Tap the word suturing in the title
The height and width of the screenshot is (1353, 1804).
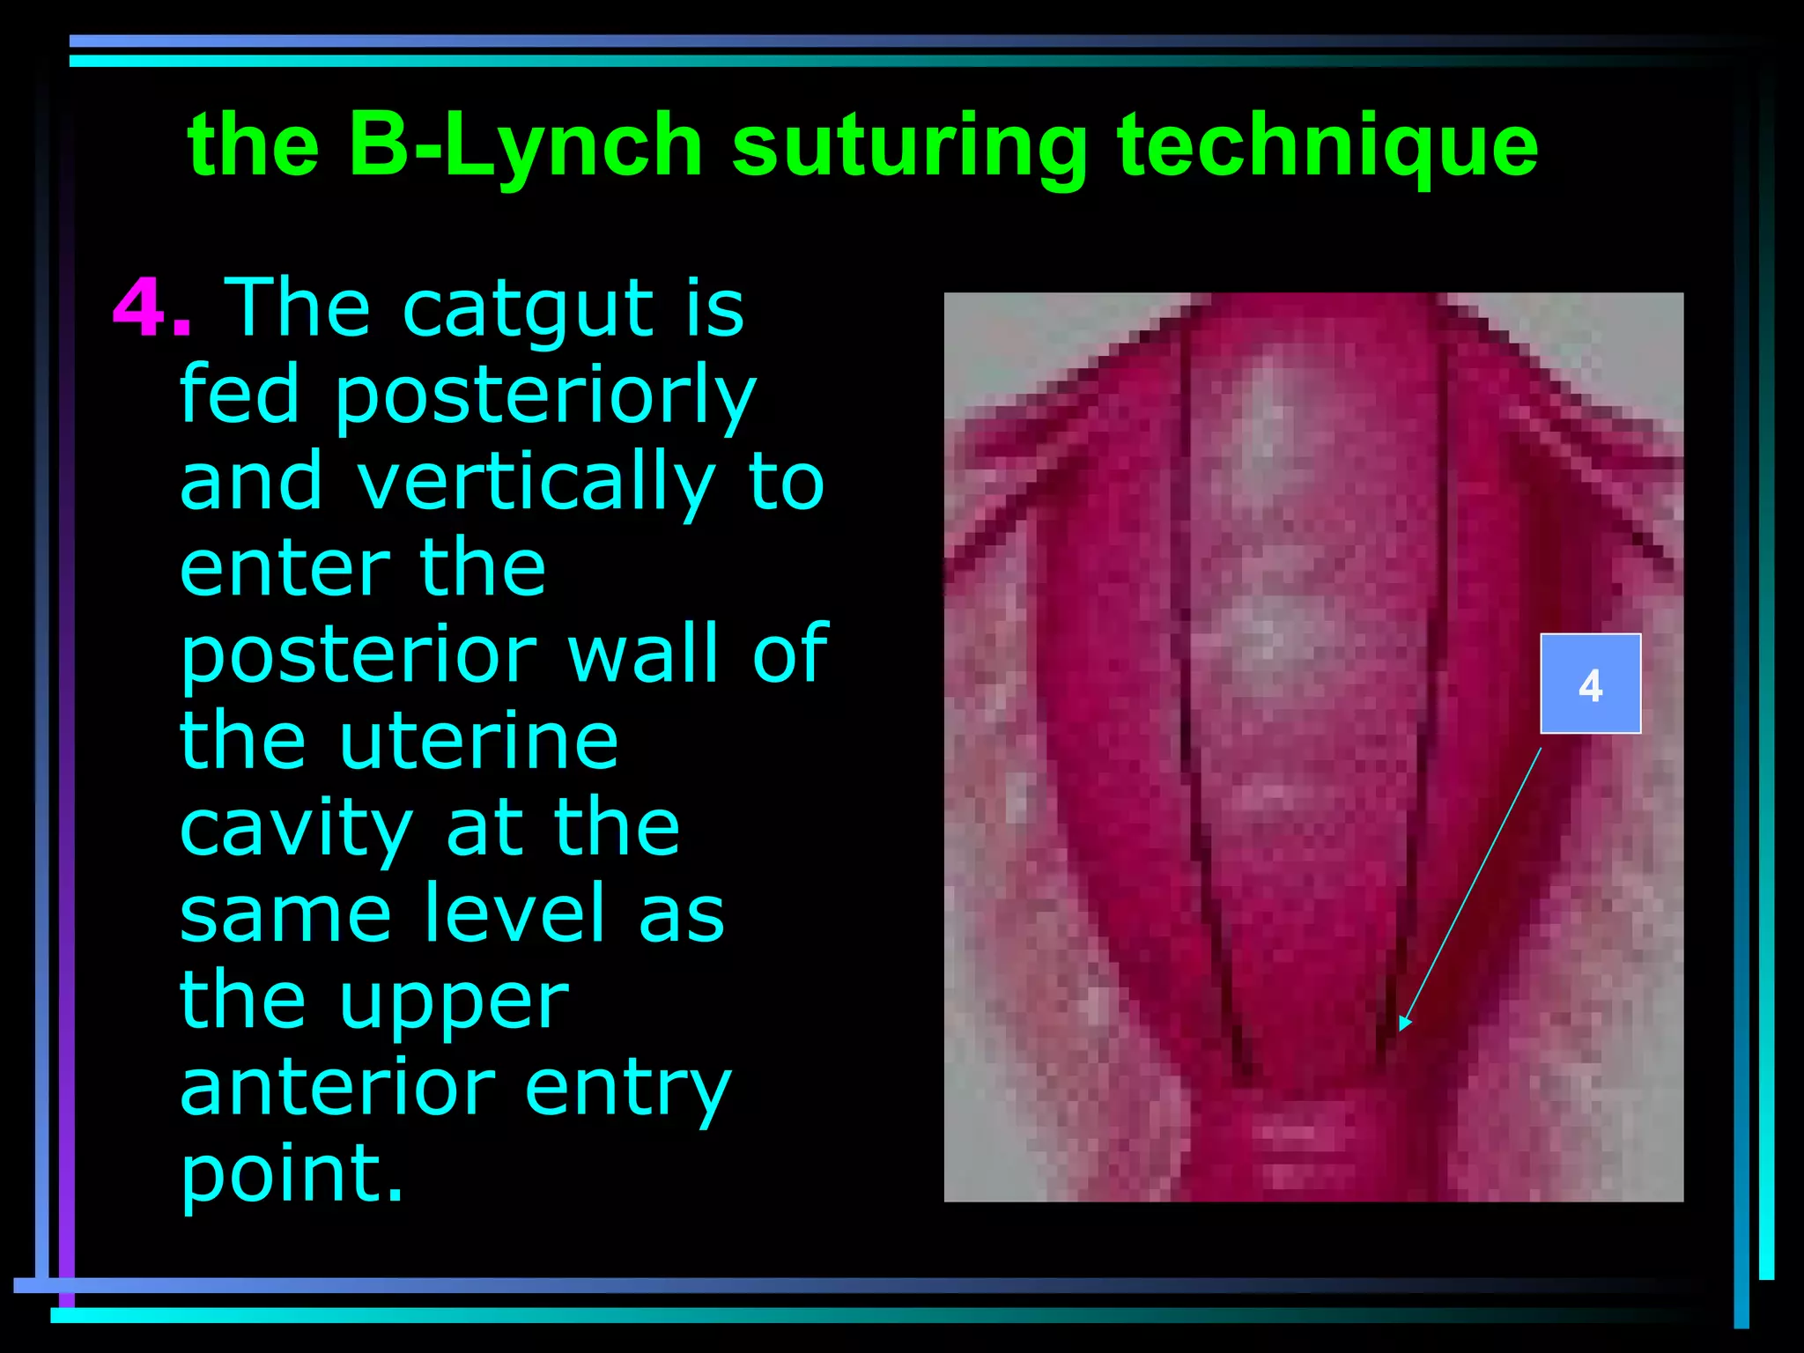(909, 145)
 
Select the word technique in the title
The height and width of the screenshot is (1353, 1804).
(1327, 145)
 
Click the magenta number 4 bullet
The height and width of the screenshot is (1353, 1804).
(141, 308)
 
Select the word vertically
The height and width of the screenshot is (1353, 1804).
(536, 482)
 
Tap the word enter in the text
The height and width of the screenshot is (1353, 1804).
(284, 568)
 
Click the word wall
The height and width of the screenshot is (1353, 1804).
(643, 654)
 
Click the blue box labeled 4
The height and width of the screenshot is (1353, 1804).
(1590, 684)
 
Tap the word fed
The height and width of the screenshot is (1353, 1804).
(240, 395)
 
